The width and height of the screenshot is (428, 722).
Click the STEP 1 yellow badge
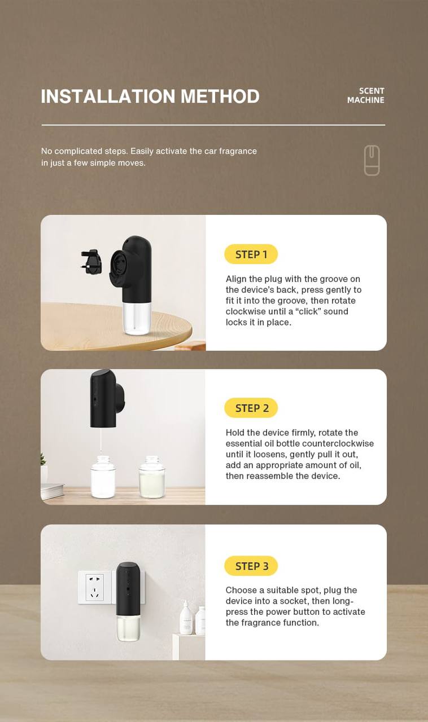pyautogui.click(x=251, y=254)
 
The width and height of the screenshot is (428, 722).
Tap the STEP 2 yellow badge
pyautogui.click(x=251, y=408)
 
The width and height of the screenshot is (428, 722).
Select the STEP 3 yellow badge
pyautogui.click(x=251, y=566)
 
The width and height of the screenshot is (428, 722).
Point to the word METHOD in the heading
pyautogui.click(x=220, y=96)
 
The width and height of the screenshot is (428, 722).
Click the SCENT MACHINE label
pyautogui.click(x=366, y=95)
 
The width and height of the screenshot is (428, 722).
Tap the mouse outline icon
pyautogui.click(x=372, y=160)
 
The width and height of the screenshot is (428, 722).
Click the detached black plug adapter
pyautogui.click(x=91, y=262)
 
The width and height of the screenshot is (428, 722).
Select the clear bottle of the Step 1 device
pyautogui.click(x=137, y=318)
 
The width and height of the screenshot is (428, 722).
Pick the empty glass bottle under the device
pyautogui.click(x=103, y=477)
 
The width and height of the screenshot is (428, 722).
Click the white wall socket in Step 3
pyautogui.click(x=94, y=587)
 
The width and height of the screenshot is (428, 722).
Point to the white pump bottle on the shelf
pyautogui.click(x=186, y=618)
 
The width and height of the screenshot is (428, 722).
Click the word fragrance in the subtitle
pyautogui.click(x=238, y=151)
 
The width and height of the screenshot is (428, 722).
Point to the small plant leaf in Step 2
pyautogui.click(x=43, y=459)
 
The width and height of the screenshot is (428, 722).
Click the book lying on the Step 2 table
pyautogui.click(x=52, y=490)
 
